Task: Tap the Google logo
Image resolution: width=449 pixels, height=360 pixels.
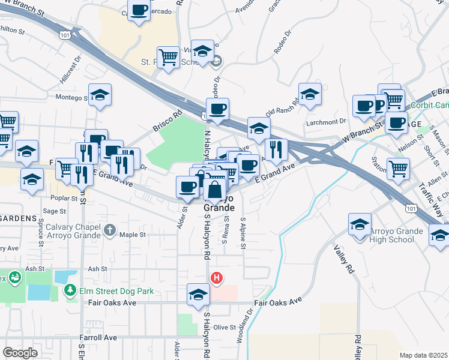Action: (x=20, y=353)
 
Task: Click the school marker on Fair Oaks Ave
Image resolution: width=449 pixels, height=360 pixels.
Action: (x=198, y=295)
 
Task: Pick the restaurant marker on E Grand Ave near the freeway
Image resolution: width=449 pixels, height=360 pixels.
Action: (x=276, y=150)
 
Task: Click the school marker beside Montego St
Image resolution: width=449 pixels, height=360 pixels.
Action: (x=100, y=95)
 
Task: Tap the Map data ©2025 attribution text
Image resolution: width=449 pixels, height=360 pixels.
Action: (x=423, y=355)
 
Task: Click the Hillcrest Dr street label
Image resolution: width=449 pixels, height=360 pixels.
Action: (x=70, y=73)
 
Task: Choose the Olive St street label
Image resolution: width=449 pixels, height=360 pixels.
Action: (x=225, y=327)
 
